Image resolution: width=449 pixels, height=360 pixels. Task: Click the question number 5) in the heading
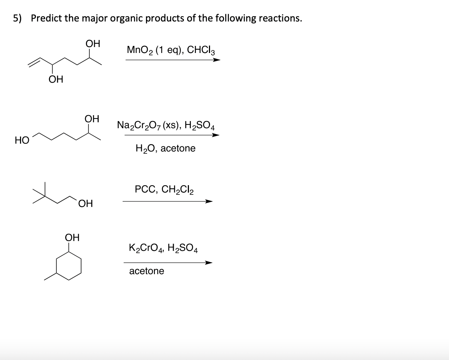click(x=17, y=19)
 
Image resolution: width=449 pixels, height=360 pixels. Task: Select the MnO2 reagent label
click(x=140, y=50)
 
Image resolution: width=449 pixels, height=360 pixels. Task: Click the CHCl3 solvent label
click(x=201, y=50)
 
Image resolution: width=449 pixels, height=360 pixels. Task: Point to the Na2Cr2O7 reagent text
click(x=139, y=126)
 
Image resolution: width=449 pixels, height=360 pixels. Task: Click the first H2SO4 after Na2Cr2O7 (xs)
click(x=200, y=126)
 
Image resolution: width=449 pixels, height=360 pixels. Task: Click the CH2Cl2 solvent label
click(x=177, y=190)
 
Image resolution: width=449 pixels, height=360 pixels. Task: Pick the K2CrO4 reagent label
click(x=146, y=248)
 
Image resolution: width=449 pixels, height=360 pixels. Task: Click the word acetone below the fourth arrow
click(x=147, y=271)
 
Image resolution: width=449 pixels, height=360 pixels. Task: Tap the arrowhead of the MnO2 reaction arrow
click(x=216, y=60)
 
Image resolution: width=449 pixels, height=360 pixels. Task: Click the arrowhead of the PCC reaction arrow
click(x=209, y=201)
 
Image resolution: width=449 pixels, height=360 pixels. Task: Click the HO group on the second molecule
click(x=22, y=140)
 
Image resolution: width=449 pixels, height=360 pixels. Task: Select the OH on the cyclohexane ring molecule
click(x=72, y=237)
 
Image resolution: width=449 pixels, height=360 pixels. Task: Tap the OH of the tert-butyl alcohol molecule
click(x=86, y=203)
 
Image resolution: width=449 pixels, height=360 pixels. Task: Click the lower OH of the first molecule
click(x=56, y=79)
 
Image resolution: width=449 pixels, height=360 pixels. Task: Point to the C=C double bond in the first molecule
click(x=34, y=62)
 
